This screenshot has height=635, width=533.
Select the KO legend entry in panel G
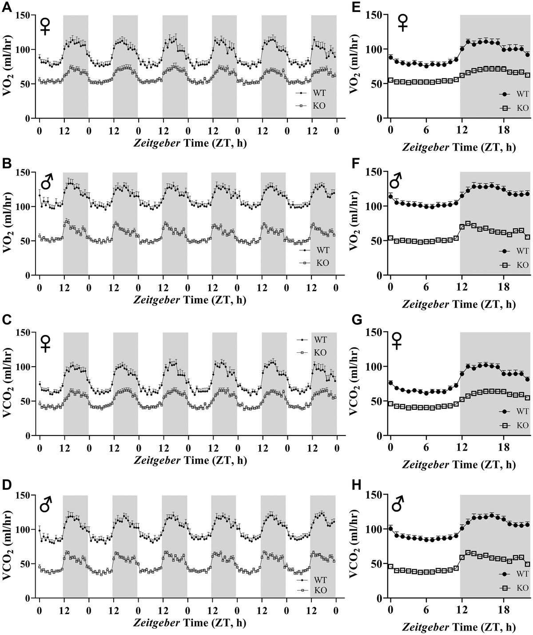[522, 425]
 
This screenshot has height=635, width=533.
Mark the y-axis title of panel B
[8, 224]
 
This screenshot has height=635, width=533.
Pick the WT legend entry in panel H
[522, 575]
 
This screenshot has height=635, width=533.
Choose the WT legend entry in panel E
[522, 94]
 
